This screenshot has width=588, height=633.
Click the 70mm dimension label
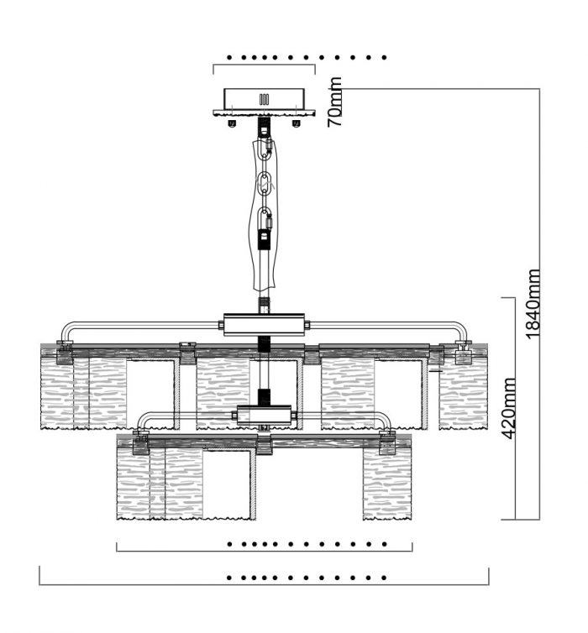click(x=335, y=102)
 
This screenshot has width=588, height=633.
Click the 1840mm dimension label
click(x=533, y=304)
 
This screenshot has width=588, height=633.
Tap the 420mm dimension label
click(x=508, y=408)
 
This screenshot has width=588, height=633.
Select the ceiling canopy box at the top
click(x=264, y=102)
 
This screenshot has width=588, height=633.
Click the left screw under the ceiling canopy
click(x=232, y=123)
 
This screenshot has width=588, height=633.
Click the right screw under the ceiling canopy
click(x=297, y=123)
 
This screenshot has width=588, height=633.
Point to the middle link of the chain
click(x=265, y=184)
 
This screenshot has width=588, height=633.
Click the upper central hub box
click(x=264, y=324)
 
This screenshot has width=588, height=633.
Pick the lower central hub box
click(x=264, y=415)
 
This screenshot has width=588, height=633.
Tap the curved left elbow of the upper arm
click(x=66, y=329)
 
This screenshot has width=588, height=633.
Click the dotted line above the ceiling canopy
click(x=307, y=58)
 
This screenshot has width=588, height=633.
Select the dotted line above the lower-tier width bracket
click(x=307, y=544)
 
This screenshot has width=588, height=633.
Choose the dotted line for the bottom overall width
click(x=307, y=578)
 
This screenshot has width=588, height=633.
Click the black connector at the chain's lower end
click(x=265, y=239)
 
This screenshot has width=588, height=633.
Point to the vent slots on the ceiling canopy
click(x=264, y=99)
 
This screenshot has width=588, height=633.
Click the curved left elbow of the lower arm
click(x=142, y=419)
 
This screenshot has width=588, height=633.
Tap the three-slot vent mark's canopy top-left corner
click(x=224, y=89)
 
